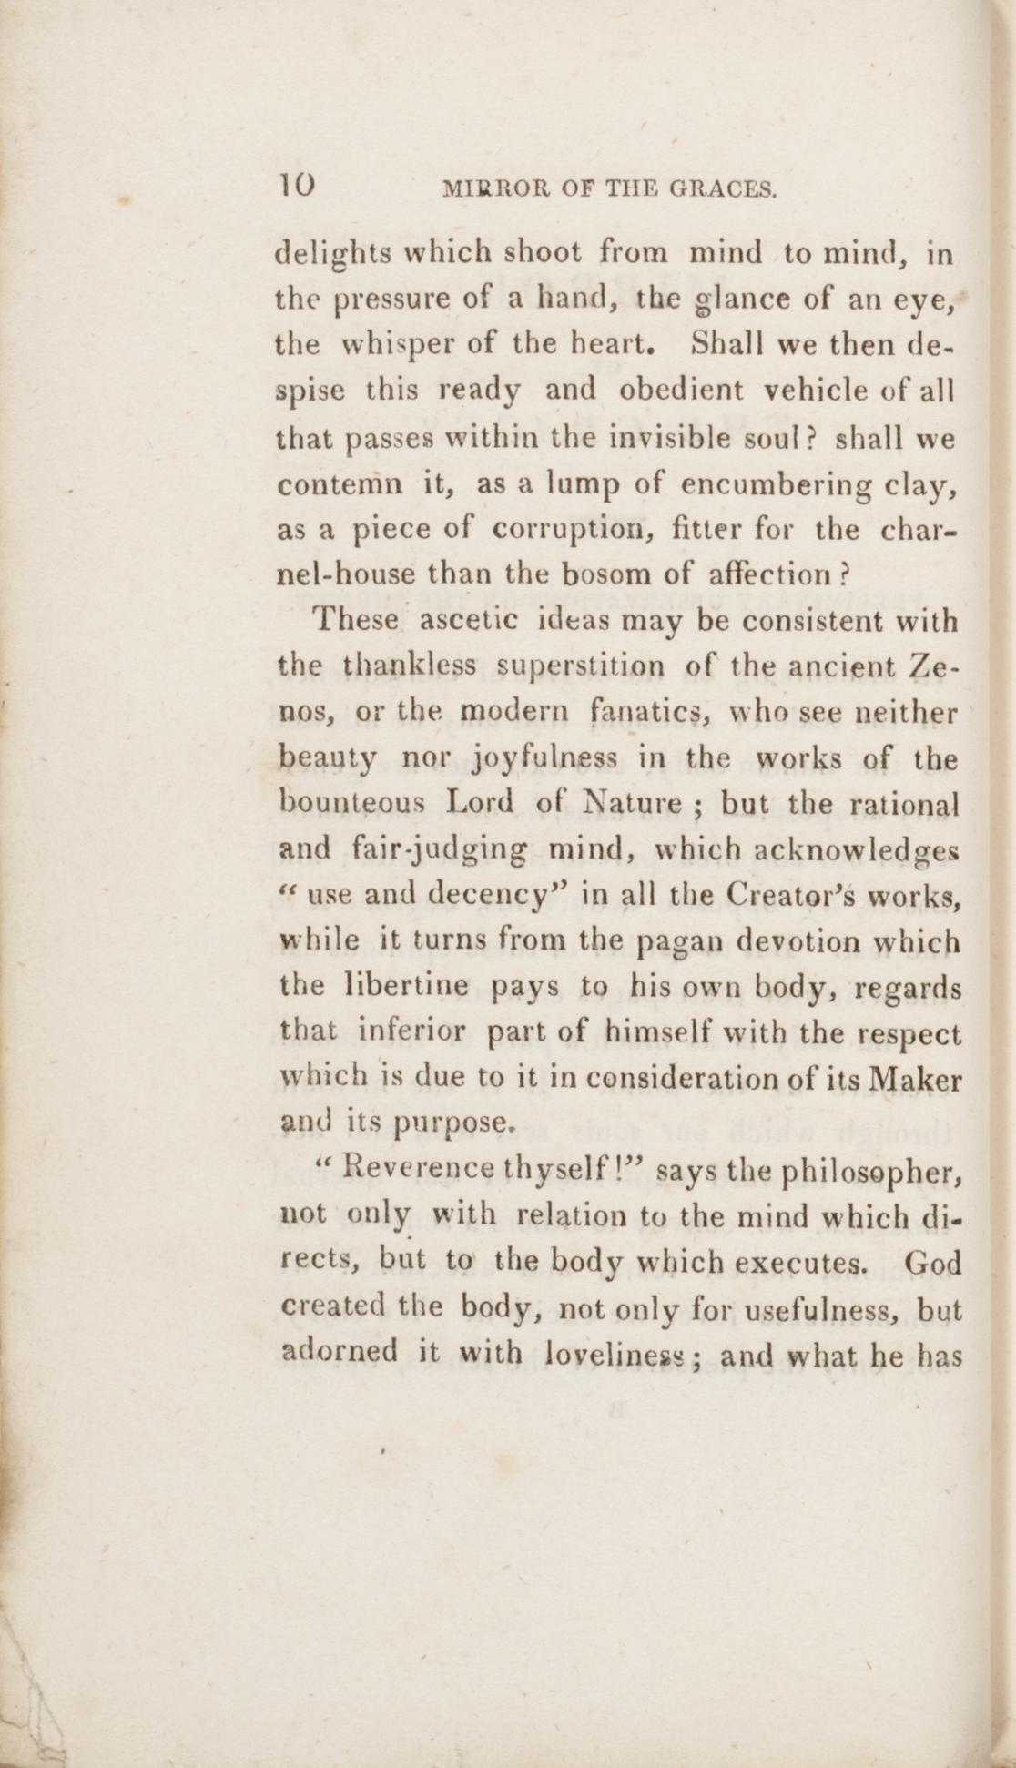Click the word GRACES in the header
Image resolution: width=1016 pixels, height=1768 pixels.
tap(723, 189)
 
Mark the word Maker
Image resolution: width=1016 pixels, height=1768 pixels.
tap(916, 1079)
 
